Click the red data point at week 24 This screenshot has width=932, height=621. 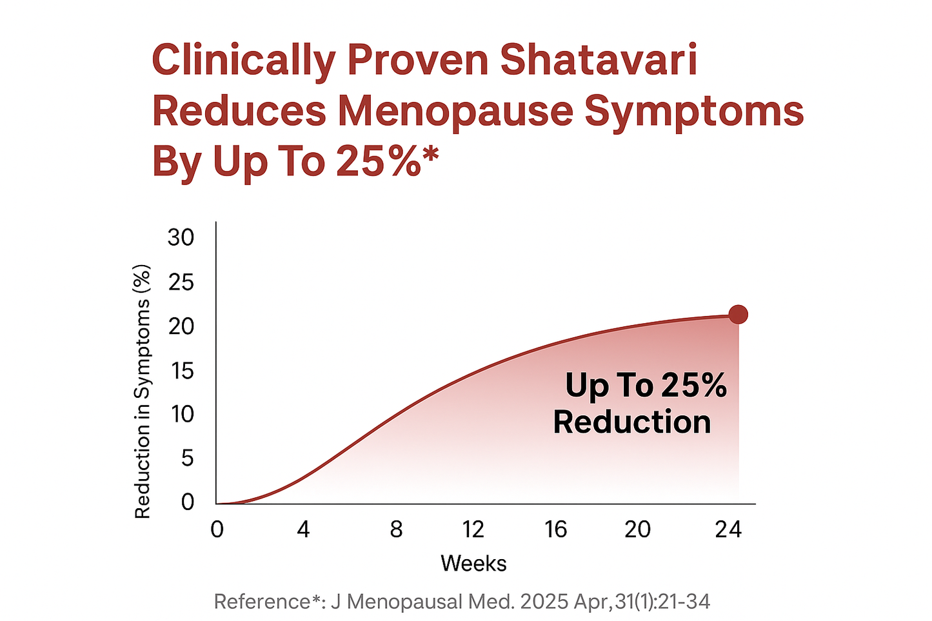point(738,315)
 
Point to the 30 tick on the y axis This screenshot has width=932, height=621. point(181,238)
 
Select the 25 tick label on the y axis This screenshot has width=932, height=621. point(181,282)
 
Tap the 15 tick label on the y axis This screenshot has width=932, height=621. point(181,370)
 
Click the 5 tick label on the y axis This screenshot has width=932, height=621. point(187,458)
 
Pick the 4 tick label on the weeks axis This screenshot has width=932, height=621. point(303,529)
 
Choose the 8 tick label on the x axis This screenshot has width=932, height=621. point(396,529)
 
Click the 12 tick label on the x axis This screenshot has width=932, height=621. point(473,529)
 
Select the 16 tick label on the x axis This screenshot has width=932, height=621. point(555,529)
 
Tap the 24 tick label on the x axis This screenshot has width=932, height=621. point(728,529)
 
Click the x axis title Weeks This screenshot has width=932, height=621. point(473,564)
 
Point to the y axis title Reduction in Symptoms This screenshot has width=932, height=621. point(143,391)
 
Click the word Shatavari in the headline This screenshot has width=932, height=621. point(599,60)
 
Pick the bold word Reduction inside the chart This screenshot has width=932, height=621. point(632,422)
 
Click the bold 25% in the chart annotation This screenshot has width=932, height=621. point(694,386)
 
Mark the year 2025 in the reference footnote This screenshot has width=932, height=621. point(543,602)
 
